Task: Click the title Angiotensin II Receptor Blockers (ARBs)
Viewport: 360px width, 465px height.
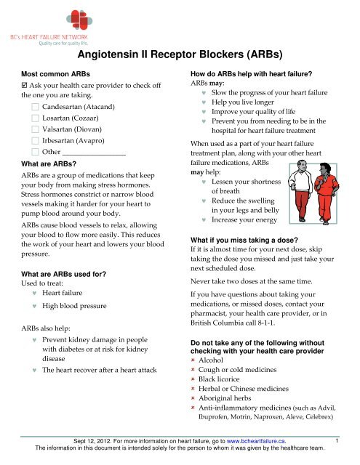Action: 180,53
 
